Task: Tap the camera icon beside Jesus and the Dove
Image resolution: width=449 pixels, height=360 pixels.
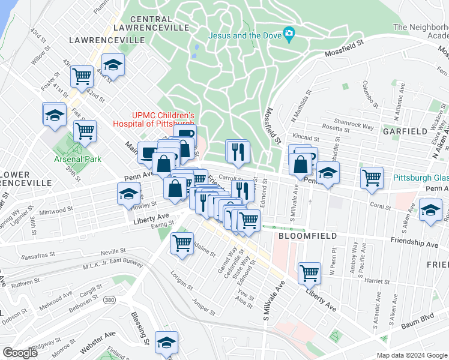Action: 289,35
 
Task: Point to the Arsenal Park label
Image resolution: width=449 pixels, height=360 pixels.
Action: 77,159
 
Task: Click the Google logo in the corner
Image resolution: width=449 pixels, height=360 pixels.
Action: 20,352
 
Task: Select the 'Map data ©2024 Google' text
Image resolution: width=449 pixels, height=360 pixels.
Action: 411,355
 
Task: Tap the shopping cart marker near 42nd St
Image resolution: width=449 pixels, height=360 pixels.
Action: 82,76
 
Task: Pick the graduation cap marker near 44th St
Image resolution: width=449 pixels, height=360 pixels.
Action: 112,64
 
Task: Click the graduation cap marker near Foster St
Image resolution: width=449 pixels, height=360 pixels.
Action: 54,113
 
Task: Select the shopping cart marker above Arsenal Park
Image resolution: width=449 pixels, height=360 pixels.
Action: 85,130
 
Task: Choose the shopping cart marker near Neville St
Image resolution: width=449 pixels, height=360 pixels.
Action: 182,243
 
